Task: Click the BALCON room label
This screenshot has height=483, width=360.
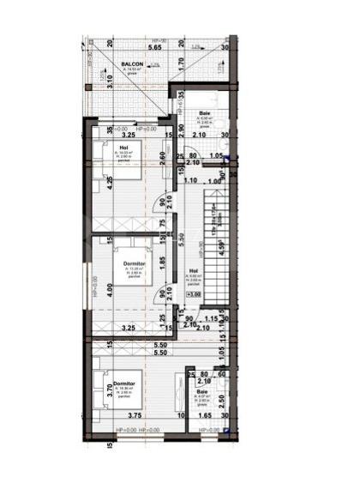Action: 131,64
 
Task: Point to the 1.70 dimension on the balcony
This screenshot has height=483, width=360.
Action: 182,63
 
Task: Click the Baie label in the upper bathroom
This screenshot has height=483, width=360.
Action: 205,113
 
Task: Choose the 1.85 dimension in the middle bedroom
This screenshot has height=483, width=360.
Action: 163,262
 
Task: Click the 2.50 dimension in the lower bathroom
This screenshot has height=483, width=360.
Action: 221,399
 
